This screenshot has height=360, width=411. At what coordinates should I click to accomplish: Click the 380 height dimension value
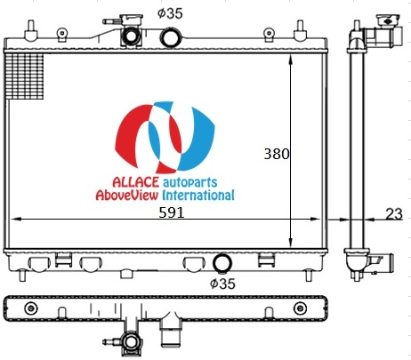click(x=276, y=154)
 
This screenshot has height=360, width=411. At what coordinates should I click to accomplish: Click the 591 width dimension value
click(x=172, y=212)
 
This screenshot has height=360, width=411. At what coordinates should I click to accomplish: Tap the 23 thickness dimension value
click(x=394, y=213)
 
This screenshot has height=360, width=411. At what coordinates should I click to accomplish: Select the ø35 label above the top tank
click(x=170, y=13)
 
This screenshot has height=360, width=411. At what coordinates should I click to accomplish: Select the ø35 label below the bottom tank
click(x=222, y=284)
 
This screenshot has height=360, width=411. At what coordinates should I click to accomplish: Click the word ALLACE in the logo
click(x=136, y=182)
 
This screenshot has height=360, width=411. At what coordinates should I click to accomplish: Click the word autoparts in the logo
click(x=190, y=183)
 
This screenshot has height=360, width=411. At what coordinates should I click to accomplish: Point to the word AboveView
click(x=126, y=196)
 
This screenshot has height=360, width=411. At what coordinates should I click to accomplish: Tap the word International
click(x=198, y=196)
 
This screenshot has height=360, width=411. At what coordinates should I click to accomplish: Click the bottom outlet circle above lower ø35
click(x=222, y=263)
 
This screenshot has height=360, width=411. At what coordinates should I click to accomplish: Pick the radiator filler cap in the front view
click(x=131, y=31)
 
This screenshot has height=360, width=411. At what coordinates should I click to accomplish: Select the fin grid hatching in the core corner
click(x=25, y=76)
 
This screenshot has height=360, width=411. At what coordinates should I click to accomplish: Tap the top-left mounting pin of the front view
click(x=30, y=30)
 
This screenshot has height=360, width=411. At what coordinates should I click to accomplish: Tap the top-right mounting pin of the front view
click(x=300, y=30)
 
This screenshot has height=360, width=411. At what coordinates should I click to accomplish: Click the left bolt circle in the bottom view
click(x=31, y=308)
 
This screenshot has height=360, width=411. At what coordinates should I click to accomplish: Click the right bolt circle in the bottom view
click(x=300, y=308)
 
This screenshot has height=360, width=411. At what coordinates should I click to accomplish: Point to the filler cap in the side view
click(x=388, y=20)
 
